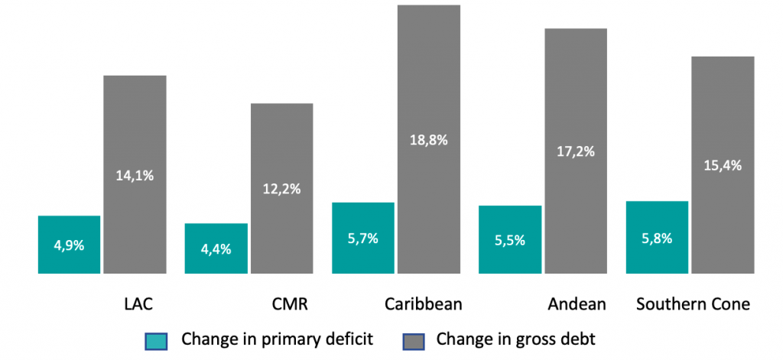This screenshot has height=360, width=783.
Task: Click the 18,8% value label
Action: coord(428,141)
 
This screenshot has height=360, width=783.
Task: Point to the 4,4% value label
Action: coord(216,248)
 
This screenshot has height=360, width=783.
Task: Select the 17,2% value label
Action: coord(576,151)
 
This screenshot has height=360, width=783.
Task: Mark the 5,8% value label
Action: coord(657,238)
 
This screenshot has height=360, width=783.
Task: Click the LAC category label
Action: coord(138,304)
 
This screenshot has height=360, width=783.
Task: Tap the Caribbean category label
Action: coord(424,304)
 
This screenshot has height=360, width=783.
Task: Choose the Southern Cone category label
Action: coord(693,304)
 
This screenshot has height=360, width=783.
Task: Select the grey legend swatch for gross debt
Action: coord(412,339)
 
